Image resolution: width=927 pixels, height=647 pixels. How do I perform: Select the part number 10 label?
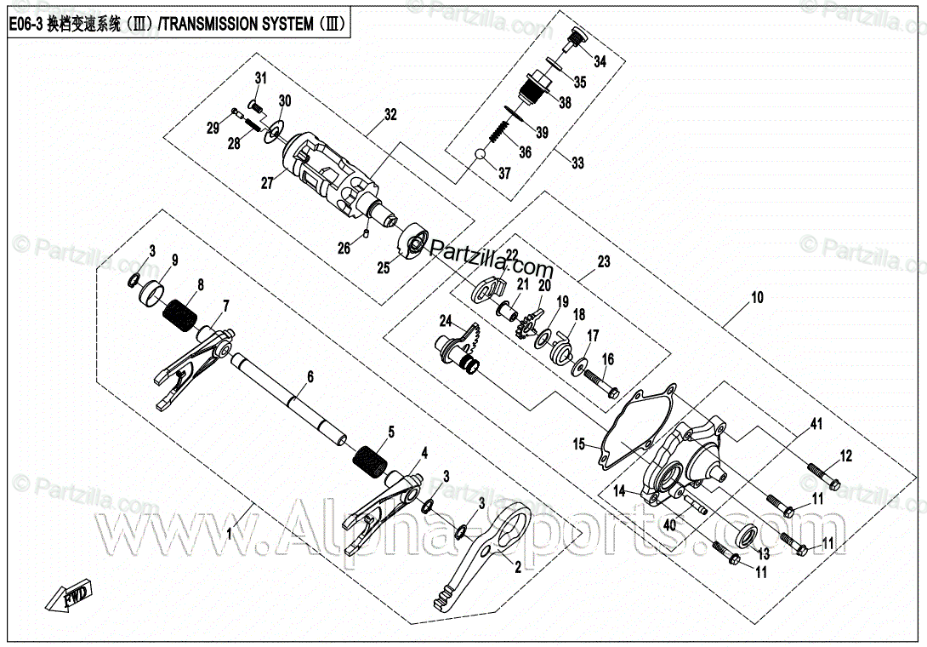pos(756,298)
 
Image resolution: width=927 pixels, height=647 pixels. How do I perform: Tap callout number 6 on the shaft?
pos(310,375)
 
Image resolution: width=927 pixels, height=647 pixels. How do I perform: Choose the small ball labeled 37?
pos(481,155)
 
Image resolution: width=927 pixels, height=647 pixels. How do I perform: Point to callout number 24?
pos(446,321)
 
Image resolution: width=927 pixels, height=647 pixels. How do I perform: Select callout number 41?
pos(816,423)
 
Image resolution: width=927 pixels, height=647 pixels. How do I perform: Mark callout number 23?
pos(604,263)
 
